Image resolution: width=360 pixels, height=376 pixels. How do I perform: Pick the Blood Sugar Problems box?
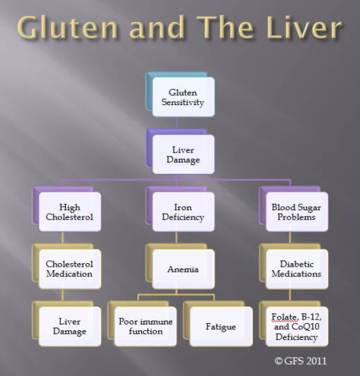click(x=296, y=212)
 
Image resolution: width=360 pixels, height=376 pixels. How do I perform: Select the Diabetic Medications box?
click(x=296, y=269)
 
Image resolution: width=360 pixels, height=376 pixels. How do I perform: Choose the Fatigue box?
click(x=221, y=327)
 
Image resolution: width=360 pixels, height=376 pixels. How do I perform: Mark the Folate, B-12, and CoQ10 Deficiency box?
click(x=296, y=327)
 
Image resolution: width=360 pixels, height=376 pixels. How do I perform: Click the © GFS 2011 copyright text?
click(x=300, y=361)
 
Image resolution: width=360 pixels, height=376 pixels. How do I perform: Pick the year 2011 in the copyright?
click(x=315, y=361)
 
